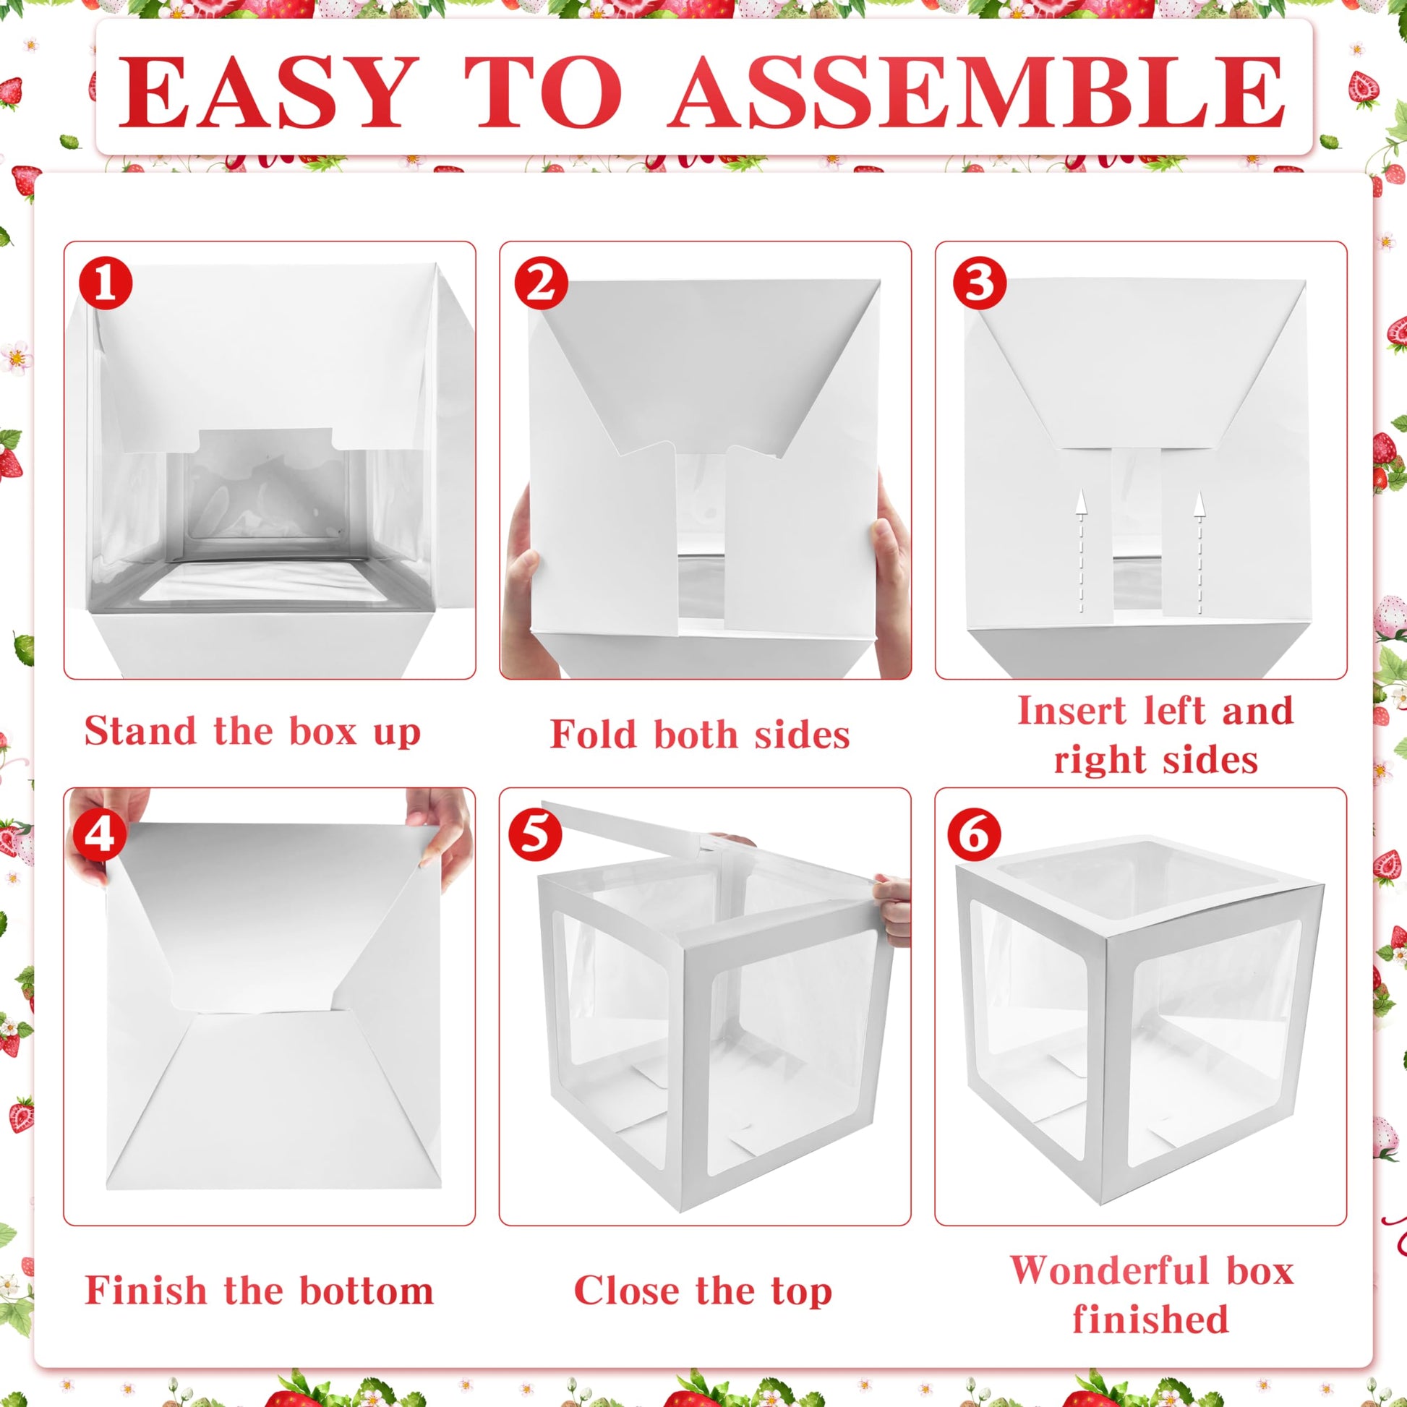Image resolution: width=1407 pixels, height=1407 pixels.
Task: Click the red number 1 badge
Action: pos(106,283)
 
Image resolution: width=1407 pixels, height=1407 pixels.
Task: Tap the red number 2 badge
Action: pos(541,283)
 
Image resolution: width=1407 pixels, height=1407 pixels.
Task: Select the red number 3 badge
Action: pos(980,283)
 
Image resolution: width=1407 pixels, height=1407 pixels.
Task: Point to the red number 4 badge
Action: pos(99,834)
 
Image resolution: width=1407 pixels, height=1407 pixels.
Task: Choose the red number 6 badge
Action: pos(975,834)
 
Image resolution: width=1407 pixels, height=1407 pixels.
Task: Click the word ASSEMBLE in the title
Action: pos(978,93)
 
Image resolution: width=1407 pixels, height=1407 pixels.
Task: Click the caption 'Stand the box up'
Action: pos(253,731)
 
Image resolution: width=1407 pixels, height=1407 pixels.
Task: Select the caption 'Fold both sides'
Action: pos(700,734)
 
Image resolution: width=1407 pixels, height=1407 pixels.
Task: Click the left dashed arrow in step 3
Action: pos(1081,551)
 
